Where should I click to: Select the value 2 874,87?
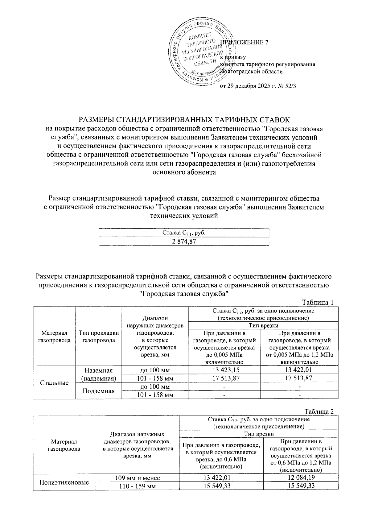[x=184, y=241]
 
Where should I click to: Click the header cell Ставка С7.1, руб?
[x=184, y=233]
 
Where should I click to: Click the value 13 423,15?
[x=224, y=370]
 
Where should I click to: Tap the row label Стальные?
[x=54, y=383]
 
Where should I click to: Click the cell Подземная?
[x=99, y=391]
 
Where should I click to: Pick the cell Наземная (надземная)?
[x=99, y=374]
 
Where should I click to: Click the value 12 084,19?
[x=301, y=478]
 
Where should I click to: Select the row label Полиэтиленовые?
[x=64, y=482]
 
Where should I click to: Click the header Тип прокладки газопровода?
[x=99, y=337]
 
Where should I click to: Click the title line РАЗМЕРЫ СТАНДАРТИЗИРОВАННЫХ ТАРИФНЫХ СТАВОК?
[x=185, y=119]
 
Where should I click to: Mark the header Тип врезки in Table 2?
[x=258, y=434]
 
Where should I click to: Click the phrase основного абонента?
[x=184, y=172]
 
